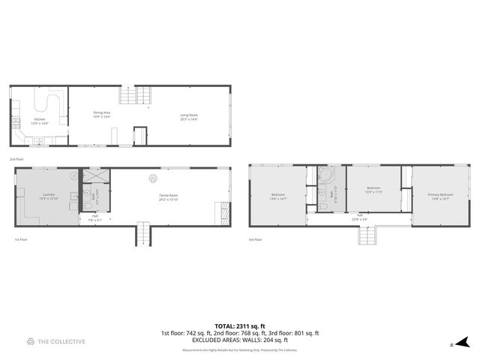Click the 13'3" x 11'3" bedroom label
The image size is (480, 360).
(373, 190)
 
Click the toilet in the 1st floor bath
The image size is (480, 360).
(88, 204)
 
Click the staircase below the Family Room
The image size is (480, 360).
(142, 235)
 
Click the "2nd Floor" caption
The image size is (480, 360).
(16, 160)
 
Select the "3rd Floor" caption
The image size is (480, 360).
(256, 240)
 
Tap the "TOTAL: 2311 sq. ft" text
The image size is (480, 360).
(239, 326)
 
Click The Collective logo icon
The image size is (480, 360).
(30, 341)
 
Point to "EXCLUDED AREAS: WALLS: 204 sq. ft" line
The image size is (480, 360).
(239, 340)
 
